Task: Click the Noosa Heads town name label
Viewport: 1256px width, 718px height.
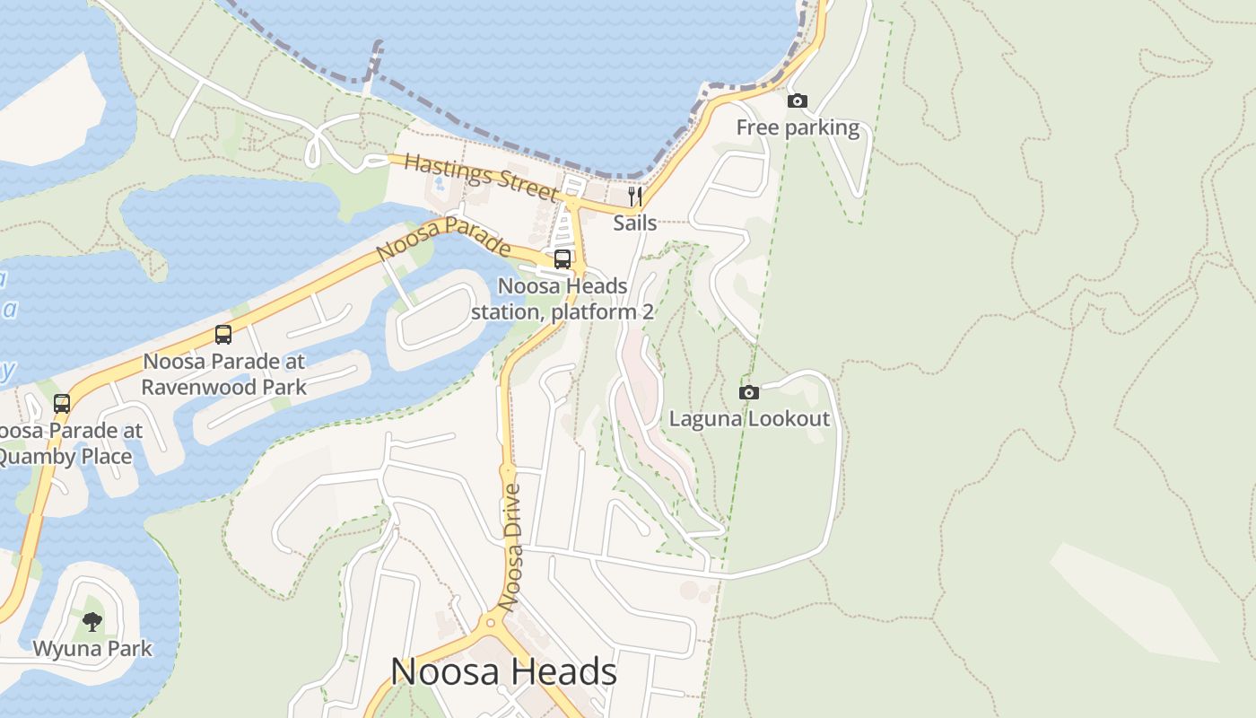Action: (x=503, y=672)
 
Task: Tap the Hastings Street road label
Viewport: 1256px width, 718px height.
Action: (x=479, y=177)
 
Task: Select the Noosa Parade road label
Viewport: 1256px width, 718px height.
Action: (x=443, y=239)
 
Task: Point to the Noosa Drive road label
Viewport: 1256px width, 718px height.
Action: (x=512, y=547)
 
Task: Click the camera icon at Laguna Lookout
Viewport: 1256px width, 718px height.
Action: (x=748, y=392)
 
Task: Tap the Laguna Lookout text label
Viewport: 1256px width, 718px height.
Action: (x=749, y=419)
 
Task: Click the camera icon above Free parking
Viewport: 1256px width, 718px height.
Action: (x=797, y=101)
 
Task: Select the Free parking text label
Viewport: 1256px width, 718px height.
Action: (x=798, y=127)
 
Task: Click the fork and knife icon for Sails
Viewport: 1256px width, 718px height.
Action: (x=634, y=197)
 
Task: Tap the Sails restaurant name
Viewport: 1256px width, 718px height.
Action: (x=634, y=223)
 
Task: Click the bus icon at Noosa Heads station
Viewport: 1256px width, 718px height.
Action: (x=563, y=259)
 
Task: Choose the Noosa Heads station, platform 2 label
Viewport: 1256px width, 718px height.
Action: (x=563, y=299)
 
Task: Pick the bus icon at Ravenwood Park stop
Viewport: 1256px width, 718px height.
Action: (x=223, y=335)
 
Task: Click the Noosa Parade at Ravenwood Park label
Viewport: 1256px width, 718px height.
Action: (x=223, y=374)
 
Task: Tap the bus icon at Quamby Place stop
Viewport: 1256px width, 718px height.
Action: (x=61, y=404)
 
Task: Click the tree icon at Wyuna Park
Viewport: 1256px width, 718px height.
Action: (x=92, y=621)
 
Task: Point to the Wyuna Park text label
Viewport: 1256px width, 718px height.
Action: (x=92, y=648)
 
